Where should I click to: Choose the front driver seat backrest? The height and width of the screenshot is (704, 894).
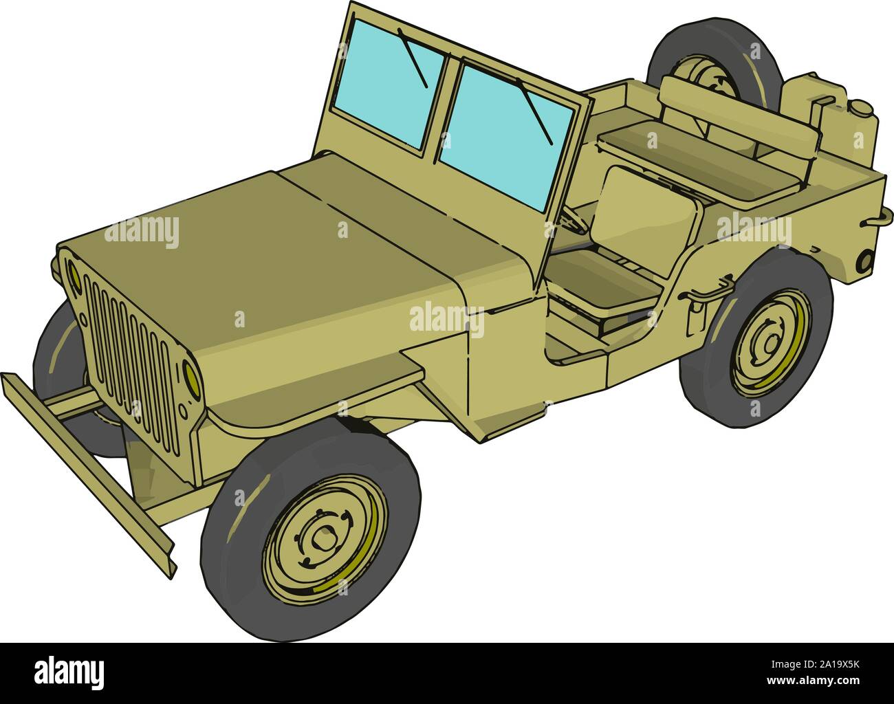[x=650, y=213]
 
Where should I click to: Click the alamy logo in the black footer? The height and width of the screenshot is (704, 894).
[x=69, y=670]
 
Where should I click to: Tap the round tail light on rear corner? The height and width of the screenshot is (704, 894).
[x=864, y=261]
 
